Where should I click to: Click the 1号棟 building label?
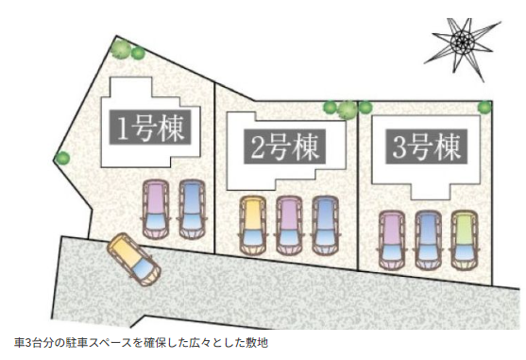click(x=152, y=126)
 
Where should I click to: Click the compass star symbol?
click(x=460, y=42)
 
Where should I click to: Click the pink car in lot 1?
click(x=154, y=209)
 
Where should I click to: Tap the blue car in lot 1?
click(x=192, y=208)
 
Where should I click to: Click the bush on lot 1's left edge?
click(x=62, y=158)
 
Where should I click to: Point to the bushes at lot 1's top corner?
click(x=126, y=50)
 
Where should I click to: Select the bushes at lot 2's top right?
click(x=341, y=109)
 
